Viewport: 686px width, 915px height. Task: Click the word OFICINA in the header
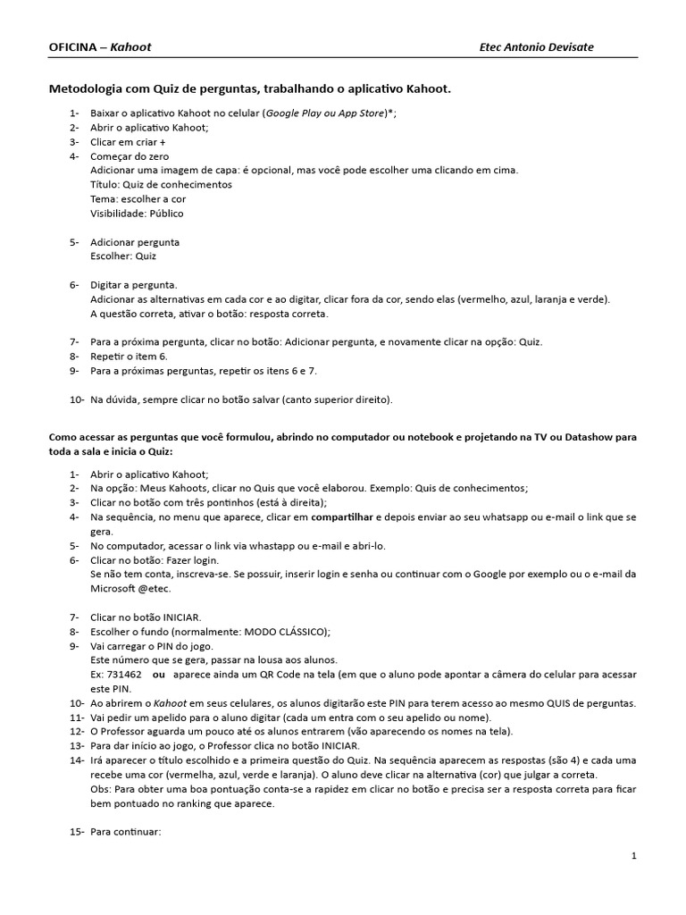pyautogui.click(x=72, y=46)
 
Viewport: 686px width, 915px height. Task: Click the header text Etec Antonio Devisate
pyautogui.click(x=537, y=46)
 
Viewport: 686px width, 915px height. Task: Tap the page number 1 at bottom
pyautogui.click(x=633, y=856)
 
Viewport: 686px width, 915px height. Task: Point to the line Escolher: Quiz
pyautogui.click(x=123, y=256)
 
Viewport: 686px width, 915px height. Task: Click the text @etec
pyautogui.click(x=154, y=589)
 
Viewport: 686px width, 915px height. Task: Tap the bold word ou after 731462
pyautogui.click(x=159, y=675)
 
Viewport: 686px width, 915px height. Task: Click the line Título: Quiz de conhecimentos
pyautogui.click(x=161, y=185)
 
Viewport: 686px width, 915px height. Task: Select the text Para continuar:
pyautogui.click(x=125, y=832)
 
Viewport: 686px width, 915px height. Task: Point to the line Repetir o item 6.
pyautogui.click(x=129, y=357)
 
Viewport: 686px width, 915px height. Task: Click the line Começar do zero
pyautogui.click(x=130, y=156)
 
